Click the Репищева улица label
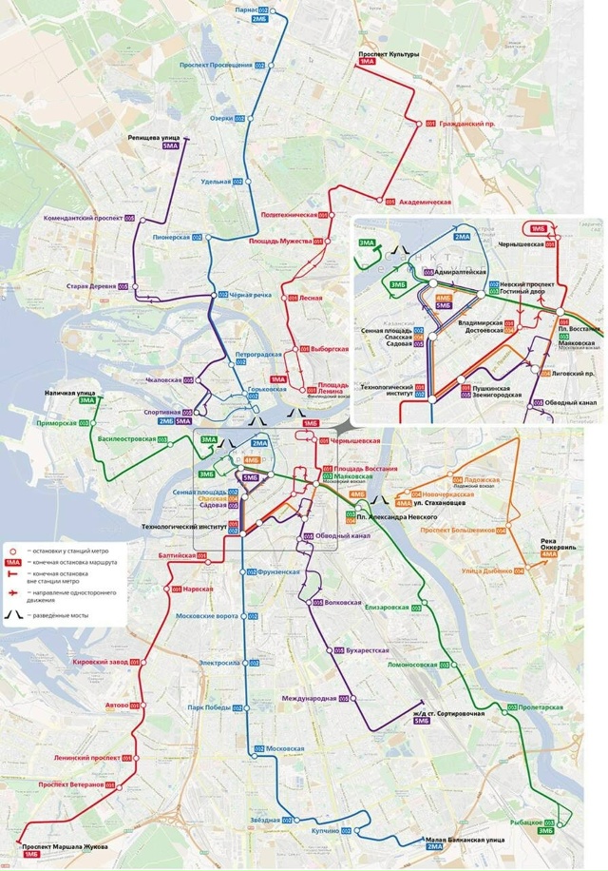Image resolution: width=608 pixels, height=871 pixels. tap(155, 137)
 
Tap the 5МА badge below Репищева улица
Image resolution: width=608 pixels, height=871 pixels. tap(171, 146)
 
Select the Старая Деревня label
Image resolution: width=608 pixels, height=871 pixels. tap(90, 286)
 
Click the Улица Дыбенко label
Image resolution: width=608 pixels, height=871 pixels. tap(486, 571)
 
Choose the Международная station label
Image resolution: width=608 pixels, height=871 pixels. tap(309, 698)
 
